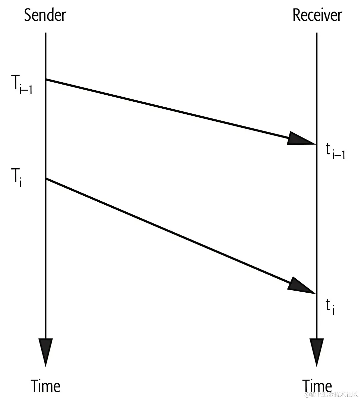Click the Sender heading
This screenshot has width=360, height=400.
(x=45, y=15)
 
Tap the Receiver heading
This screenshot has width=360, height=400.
(x=317, y=15)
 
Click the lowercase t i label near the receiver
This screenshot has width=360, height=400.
(x=330, y=306)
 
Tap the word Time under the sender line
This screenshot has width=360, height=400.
(x=46, y=386)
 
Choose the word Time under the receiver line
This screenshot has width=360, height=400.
(x=317, y=386)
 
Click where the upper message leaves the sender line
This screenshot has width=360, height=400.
(x=46, y=79)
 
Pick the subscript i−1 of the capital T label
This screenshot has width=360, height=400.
(x=26, y=89)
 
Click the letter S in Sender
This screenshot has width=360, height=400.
(x=28, y=15)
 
